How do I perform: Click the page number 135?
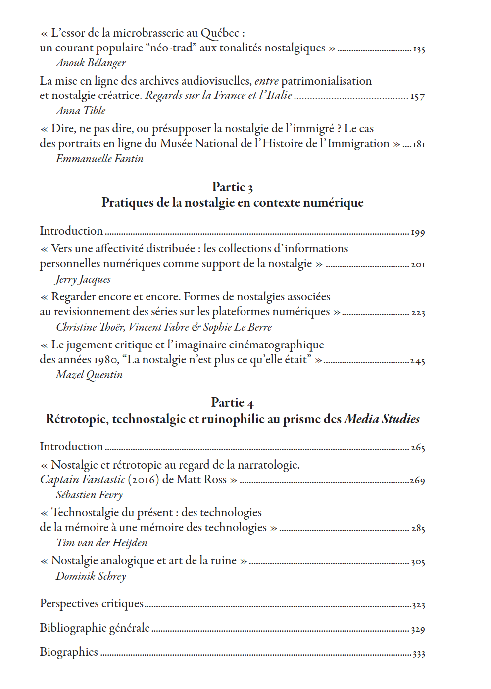pyautogui.click(x=419, y=49)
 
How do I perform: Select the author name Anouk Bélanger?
pyautogui.click(x=91, y=63)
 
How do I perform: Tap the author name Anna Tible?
pyautogui.click(x=81, y=111)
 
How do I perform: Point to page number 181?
pyautogui.click(x=419, y=144)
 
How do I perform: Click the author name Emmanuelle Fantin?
pyautogui.click(x=99, y=159)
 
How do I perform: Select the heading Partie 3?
pyautogui.click(x=232, y=187)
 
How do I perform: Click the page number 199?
pyautogui.click(x=418, y=232)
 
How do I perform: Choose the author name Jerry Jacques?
pyautogui.click(x=83, y=279)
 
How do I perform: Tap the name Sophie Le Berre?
pyautogui.click(x=238, y=327)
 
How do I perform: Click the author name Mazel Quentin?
pyautogui.click(x=89, y=375)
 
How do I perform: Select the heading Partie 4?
pyautogui.click(x=232, y=402)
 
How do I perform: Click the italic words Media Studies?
pyautogui.click(x=382, y=419)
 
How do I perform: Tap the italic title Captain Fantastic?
pyautogui.click(x=83, y=480)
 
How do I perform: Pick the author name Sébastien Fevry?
pyautogui.click(x=89, y=495)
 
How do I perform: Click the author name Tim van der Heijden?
pyautogui.click(x=101, y=543)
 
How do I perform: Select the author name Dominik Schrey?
pyautogui.click(x=91, y=576)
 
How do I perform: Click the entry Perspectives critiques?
pyautogui.click(x=92, y=604)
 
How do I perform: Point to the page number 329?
pyautogui.click(x=418, y=630)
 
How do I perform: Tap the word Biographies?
pyautogui.click(x=69, y=652)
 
